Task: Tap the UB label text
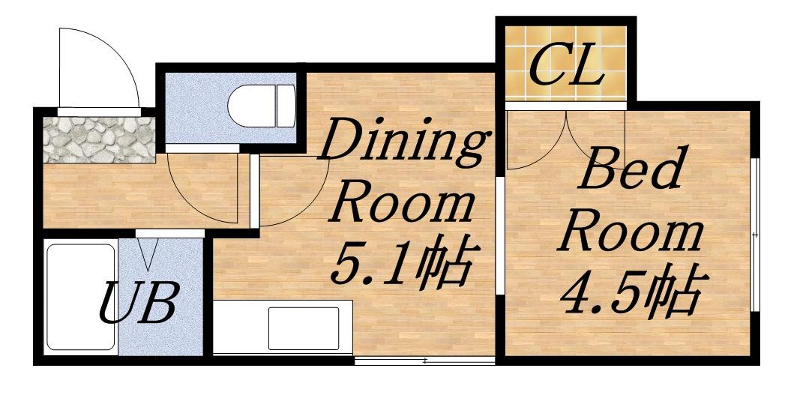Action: click(139, 304)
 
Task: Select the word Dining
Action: click(405, 142)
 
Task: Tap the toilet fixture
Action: click(262, 106)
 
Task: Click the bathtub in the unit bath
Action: click(80, 297)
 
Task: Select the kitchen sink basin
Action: click(304, 328)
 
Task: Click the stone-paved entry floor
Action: click(99, 139)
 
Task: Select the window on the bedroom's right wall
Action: click(755, 235)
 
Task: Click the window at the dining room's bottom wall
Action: click(424, 361)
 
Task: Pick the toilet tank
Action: click(286, 106)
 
